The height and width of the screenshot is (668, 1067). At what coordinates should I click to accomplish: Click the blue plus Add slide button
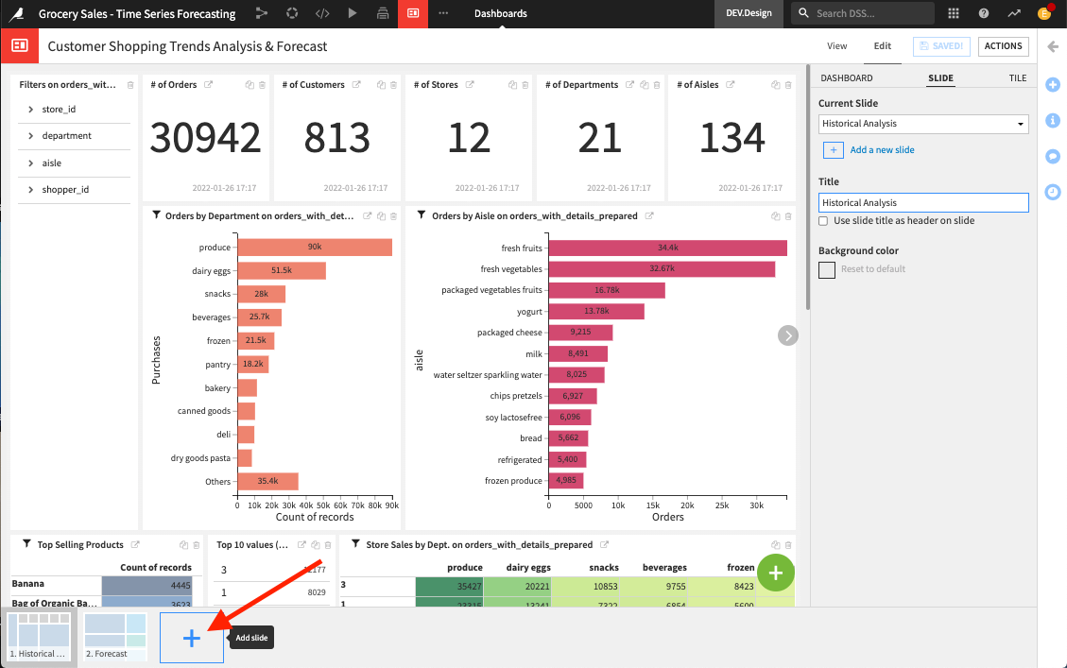(192, 638)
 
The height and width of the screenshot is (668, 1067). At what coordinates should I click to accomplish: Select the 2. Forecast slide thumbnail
(115, 636)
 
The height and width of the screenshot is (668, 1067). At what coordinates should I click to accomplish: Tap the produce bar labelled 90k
(314, 248)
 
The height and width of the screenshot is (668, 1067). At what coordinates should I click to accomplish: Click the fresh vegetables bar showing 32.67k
(662, 269)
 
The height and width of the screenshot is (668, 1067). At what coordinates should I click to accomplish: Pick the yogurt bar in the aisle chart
(596, 311)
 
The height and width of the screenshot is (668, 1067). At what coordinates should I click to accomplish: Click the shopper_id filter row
(64, 190)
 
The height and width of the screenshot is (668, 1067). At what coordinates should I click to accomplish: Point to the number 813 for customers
(337, 138)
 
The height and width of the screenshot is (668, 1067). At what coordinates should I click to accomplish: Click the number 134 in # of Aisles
(732, 138)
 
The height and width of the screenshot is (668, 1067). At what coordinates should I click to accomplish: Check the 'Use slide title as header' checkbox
(824, 221)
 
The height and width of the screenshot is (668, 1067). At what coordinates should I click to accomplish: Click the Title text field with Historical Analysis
(922, 202)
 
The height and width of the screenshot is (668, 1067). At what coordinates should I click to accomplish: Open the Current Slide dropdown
(922, 124)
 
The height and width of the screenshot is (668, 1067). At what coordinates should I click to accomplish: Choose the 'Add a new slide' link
(882, 150)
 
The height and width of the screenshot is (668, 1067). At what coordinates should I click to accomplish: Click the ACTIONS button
(1003, 46)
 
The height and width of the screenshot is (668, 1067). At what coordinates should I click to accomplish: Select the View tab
(836, 46)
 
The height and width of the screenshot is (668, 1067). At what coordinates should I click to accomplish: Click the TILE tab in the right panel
(1017, 78)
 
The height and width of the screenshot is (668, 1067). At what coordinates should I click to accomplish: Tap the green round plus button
(776, 573)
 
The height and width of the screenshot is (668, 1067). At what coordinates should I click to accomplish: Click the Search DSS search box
(862, 13)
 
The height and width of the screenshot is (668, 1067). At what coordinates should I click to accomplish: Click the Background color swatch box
(827, 269)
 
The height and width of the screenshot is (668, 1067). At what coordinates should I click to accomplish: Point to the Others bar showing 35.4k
(267, 482)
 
